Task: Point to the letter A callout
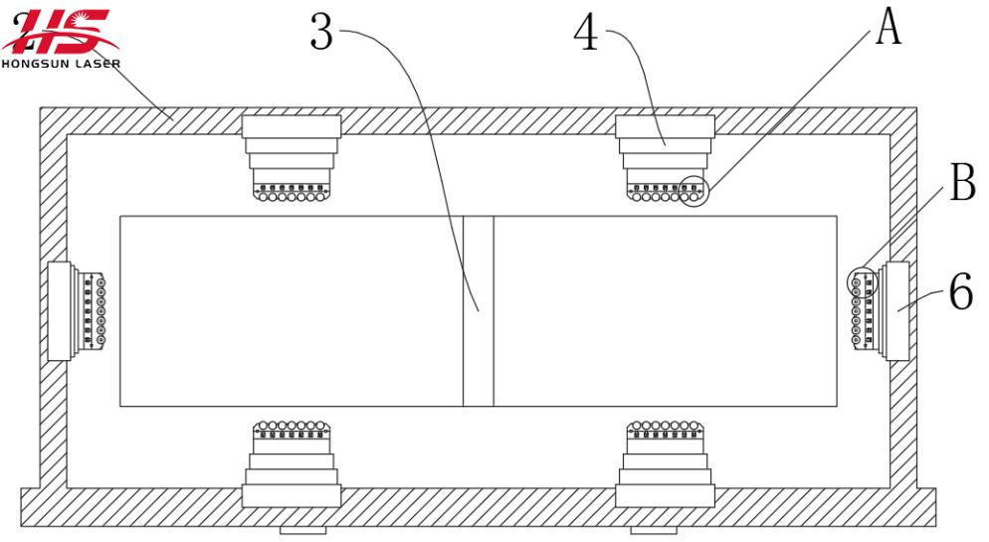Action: pyautogui.click(x=888, y=27)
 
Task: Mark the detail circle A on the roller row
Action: pyautogui.click(x=693, y=190)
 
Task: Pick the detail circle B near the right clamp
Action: pyautogui.click(x=860, y=282)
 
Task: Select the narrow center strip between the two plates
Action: pyautogui.click(x=478, y=310)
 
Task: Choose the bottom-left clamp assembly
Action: pyautogui.click(x=292, y=463)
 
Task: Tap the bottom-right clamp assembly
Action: pyautogui.click(x=665, y=463)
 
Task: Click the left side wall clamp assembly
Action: pyautogui.click(x=76, y=310)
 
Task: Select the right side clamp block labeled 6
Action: pyautogui.click(x=894, y=310)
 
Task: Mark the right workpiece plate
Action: pyautogui.click(x=665, y=310)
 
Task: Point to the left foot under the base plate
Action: pyautogui.click(x=302, y=531)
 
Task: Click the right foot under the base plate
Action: pyautogui.click(x=654, y=531)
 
